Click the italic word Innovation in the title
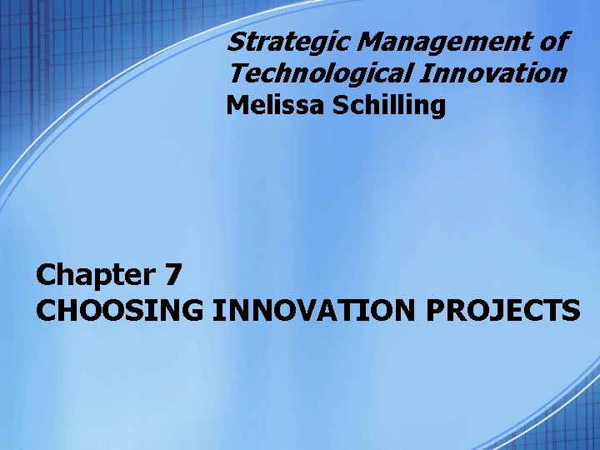[x=495, y=73]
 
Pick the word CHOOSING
[x=120, y=310]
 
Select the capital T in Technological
[x=237, y=73]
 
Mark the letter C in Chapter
[x=47, y=274]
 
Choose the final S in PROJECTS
[x=571, y=310]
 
